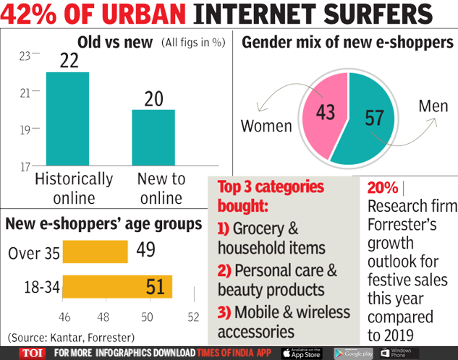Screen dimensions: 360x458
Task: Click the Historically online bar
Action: [x=69, y=119]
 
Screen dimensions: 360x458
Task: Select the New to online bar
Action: [x=153, y=138]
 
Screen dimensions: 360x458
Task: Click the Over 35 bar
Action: [x=96, y=252]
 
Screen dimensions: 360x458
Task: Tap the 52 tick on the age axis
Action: [x=193, y=317]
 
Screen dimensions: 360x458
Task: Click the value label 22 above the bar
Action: [x=69, y=61]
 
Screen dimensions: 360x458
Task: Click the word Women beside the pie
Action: [x=266, y=127]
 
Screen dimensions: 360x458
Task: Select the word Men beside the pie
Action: [x=433, y=107]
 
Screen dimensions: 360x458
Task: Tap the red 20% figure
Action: [x=383, y=188]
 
